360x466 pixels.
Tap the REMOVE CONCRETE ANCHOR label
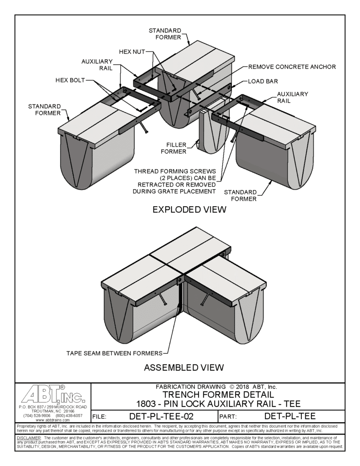(292, 66)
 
